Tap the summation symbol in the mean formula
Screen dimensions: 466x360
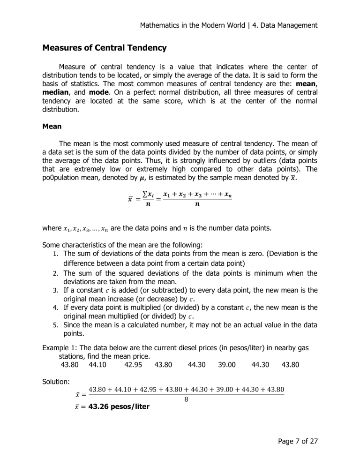click(147, 195)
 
